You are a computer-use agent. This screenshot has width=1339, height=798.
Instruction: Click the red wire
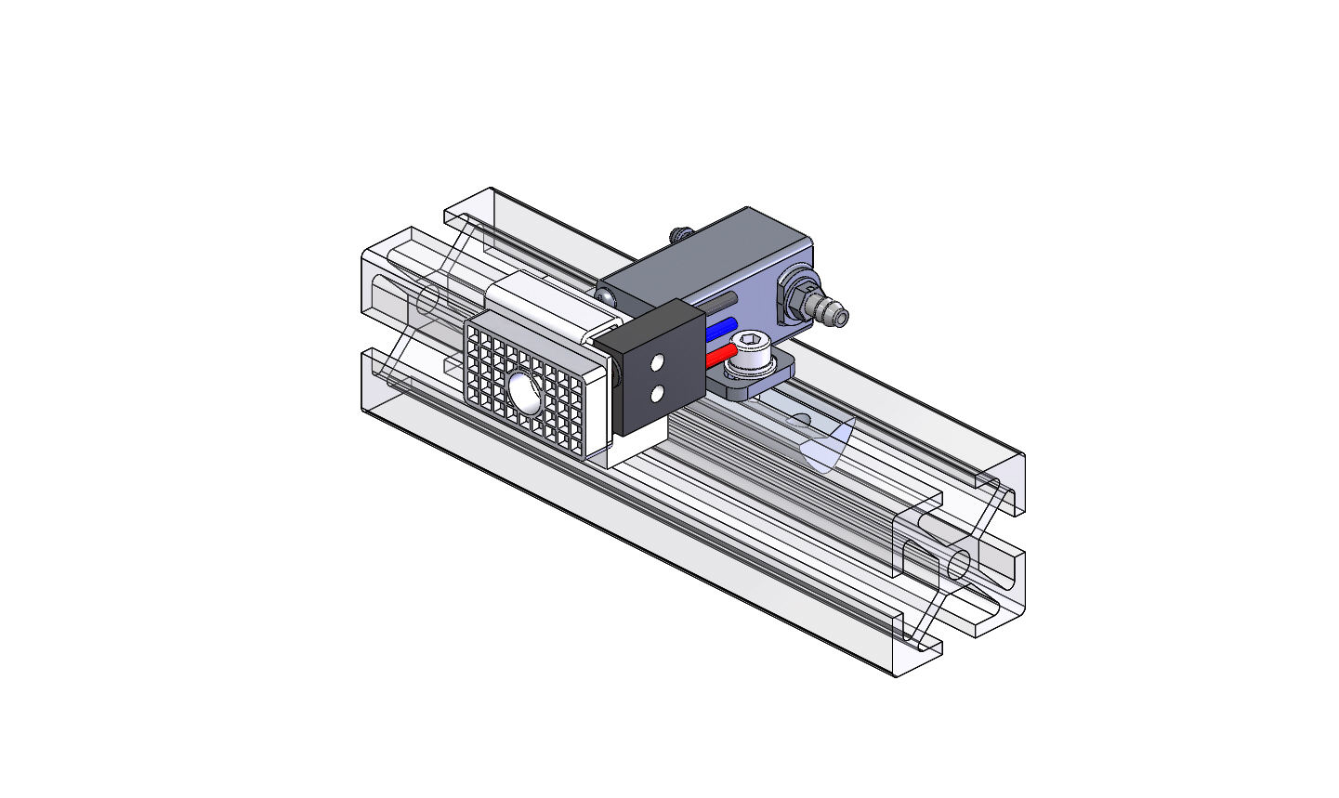(x=720, y=356)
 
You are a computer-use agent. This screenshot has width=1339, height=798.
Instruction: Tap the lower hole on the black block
(x=657, y=394)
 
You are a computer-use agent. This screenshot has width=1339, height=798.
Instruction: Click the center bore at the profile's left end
(x=427, y=300)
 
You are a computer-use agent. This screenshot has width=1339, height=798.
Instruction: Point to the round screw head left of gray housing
(x=605, y=296)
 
